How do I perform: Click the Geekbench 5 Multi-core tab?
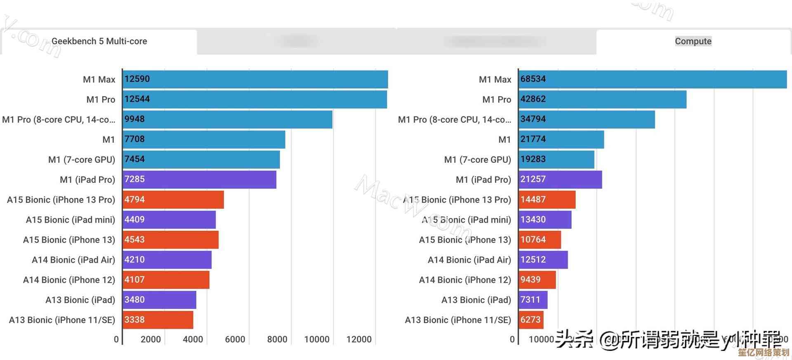point(99,41)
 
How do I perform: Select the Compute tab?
point(693,41)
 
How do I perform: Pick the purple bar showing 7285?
point(200,179)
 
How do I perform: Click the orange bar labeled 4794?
point(173,200)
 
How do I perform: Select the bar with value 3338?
point(158,320)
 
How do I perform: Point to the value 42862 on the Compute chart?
point(533,99)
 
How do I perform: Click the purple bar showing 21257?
point(560,179)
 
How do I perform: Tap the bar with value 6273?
point(531,320)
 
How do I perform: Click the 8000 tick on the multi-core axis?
point(277,339)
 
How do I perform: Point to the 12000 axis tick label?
point(359,339)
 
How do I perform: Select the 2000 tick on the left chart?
point(151,339)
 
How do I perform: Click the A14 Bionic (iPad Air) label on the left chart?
point(73,260)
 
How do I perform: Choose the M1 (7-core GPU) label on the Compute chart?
point(477,160)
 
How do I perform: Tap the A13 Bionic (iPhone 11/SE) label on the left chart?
point(62,320)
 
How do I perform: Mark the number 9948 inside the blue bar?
point(134,119)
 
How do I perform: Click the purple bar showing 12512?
point(543,260)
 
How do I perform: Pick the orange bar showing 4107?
point(166,280)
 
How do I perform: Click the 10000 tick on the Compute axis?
point(541,339)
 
